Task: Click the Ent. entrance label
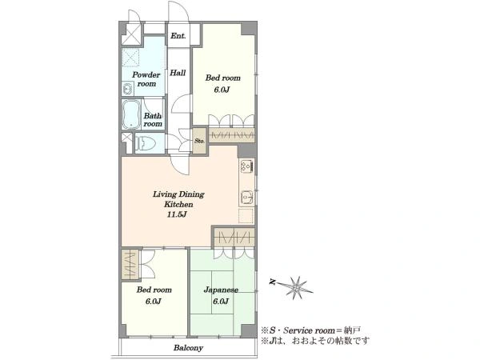(x=178, y=36)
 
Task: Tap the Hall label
(x=178, y=73)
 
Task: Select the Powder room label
(x=146, y=79)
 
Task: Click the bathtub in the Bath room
(x=132, y=114)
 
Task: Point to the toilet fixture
(x=146, y=143)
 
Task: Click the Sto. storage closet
(x=199, y=141)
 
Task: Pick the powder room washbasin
(x=127, y=89)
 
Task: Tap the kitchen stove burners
(x=246, y=166)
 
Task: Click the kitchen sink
(x=246, y=197)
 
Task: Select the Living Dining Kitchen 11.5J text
(x=178, y=204)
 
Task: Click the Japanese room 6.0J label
(x=221, y=295)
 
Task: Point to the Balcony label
(x=188, y=348)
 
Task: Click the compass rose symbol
(x=296, y=288)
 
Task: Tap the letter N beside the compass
(x=272, y=282)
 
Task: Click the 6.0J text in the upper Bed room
(x=222, y=90)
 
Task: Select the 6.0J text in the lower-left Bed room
(x=153, y=302)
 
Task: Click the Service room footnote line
(x=310, y=330)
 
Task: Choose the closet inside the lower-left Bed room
(x=130, y=265)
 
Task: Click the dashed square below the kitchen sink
(x=246, y=216)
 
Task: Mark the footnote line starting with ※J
(x=315, y=341)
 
